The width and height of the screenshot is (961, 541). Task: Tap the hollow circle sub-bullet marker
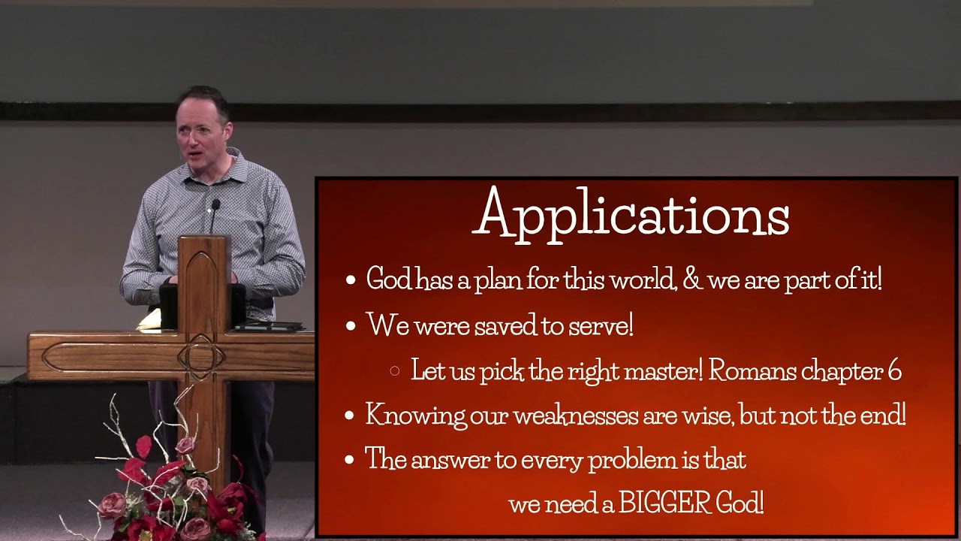pyautogui.click(x=395, y=370)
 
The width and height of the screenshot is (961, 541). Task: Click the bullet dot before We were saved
pyautogui.click(x=350, y=326)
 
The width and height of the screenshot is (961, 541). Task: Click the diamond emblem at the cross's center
pyautogui.click(x=201, y=356)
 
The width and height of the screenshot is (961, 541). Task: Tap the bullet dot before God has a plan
pyautogui.click(x=350, y=281)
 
